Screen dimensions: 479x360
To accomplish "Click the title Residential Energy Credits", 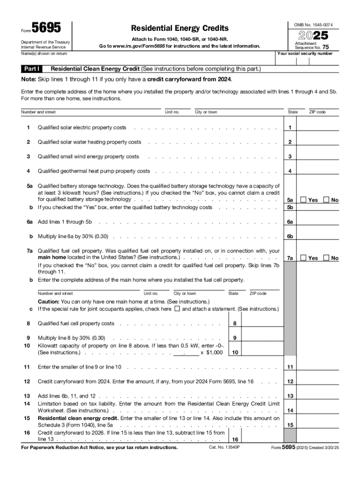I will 180,28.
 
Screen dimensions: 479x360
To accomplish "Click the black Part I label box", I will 33,69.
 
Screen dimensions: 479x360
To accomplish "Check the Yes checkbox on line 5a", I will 303,200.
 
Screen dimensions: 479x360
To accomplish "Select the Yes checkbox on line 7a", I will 303,258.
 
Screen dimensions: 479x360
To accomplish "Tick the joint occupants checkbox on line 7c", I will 177,309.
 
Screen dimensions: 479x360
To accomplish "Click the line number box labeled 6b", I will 290,236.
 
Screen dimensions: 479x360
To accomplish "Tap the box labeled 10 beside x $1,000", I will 235,352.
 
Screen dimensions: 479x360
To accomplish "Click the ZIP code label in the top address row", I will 317,112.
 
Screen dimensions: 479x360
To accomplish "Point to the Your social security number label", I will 305,53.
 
